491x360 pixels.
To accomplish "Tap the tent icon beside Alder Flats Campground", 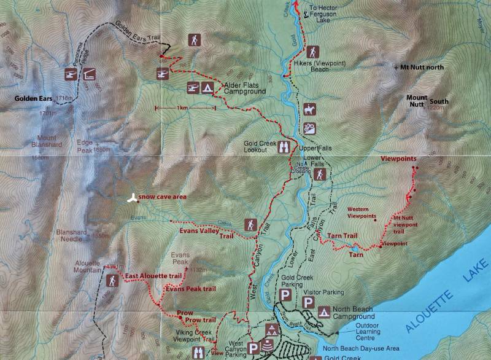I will (208, 88).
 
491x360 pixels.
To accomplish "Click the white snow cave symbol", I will (131, 198).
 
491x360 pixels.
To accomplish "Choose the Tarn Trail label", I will (342, 235).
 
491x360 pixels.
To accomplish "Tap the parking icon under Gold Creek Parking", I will (285, 295).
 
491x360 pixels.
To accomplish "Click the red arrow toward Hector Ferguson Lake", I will (297, 6).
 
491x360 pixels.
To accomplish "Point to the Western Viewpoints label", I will (362, 213).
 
